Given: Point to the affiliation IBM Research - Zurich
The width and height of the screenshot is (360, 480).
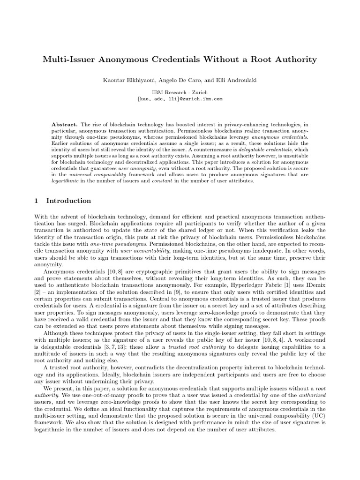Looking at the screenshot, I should coord(180,92).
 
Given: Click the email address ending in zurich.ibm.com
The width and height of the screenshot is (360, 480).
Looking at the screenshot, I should coord(180,99).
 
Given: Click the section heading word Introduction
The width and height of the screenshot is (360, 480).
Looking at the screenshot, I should coord(68,201).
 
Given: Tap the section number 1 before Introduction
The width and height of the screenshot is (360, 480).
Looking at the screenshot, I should coord(36,201).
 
